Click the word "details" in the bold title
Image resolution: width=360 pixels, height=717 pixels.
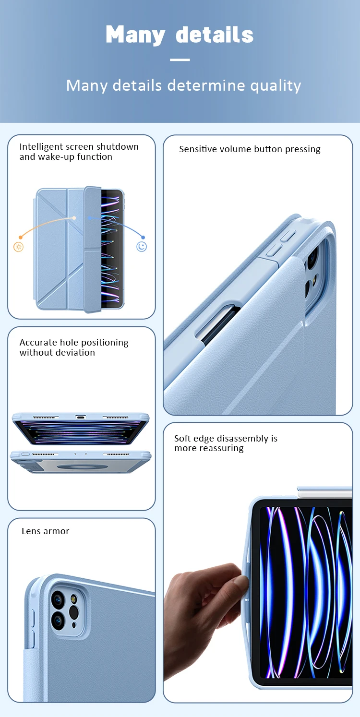[x=215, y=35]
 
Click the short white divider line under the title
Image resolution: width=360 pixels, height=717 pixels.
[x=180, y=60]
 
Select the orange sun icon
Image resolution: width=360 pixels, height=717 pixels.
[x=19, y=247]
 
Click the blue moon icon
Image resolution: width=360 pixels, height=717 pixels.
[x=142, y=247]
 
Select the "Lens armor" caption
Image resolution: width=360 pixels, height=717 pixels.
[x=45, y=531]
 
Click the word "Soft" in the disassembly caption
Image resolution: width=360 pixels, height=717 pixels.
[x=182, y=438]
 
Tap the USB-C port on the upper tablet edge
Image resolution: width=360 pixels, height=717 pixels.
[x=80, y=417]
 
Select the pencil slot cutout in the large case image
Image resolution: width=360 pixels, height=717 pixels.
[x=218, y=324]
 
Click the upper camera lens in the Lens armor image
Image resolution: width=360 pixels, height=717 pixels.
[x=58, y=599]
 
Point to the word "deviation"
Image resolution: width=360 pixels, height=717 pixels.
[x=75, y=353]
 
